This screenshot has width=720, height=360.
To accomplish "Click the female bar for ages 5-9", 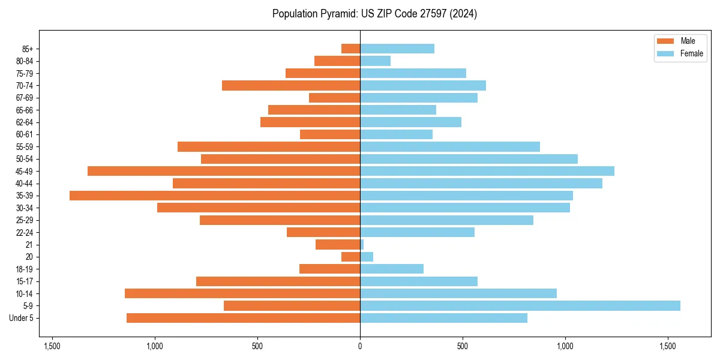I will pyautogui.click(x=520, y=306).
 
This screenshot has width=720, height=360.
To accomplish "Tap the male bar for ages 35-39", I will pyautogui.click(x=215, y=196).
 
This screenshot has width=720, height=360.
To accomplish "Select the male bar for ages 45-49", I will pyautogui.click(x=224, y=171).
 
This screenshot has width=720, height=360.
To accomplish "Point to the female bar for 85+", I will pyautogui.click(x=397, y=49).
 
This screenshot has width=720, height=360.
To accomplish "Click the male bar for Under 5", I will pyautogui.click(x=243, y=318).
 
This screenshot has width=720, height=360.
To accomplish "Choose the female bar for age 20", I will pyautogui.click(x=367, y=257).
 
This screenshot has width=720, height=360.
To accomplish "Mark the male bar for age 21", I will pyautogui.click(x=338, y=245).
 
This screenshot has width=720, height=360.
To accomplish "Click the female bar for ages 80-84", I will pyautogui.click(x=375, y=61).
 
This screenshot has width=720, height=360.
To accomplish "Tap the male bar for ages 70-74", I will pyautogui.click(x=291, y=86).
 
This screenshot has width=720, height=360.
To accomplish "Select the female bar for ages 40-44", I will pyautogui.click(x=481, y=184).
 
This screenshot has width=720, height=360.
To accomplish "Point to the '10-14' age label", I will pyautogui.click(x=25, y=294).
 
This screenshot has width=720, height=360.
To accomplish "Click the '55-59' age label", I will pyautogui.click(x=25, y=147).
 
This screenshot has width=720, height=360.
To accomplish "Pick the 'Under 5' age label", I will pyautogui.click(x=22, y=318).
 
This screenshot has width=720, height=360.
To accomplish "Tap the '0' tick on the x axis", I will pyautogui.click(x=360, y=347).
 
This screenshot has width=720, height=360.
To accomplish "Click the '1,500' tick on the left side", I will pyautogui.click(x=52, y=347).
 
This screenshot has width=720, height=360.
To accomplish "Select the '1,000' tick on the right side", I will pyautogui.click(x=565, y=347).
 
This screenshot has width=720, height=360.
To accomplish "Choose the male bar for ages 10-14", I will pyautogui.click(x=242, y=293).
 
